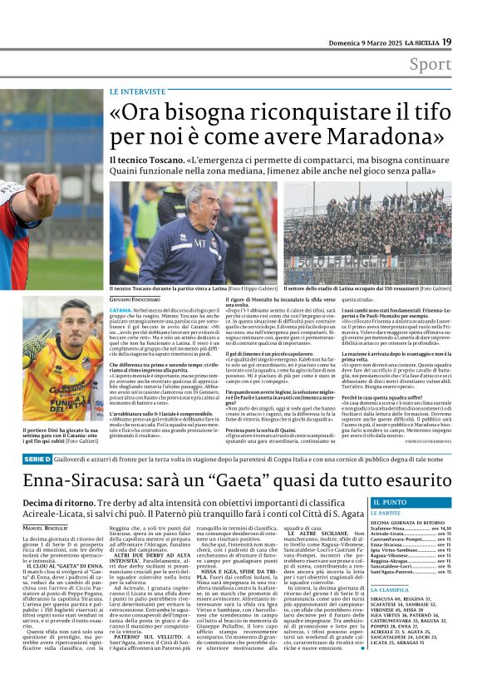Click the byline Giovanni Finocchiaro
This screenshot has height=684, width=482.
(140, 300)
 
